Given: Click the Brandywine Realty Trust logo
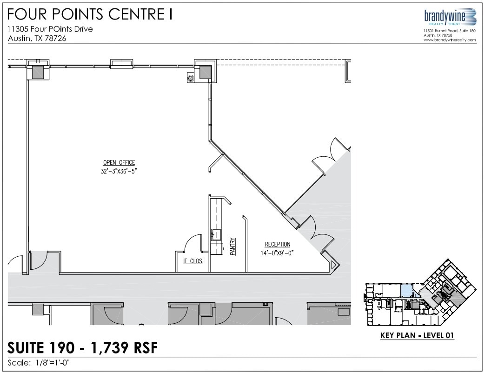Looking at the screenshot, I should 450,18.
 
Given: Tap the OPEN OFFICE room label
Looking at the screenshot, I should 119,163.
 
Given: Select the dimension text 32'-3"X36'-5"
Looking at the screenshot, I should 119,171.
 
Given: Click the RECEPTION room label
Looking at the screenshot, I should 278,245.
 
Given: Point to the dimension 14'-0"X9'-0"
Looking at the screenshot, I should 278,253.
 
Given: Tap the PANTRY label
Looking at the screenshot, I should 233,247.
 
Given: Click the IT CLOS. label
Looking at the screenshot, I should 193,261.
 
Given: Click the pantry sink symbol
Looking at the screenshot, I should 216,234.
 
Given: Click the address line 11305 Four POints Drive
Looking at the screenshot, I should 50,29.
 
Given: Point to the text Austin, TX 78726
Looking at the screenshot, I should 37,39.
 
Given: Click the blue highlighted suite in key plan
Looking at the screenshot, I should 406,291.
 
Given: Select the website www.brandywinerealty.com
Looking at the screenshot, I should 450,40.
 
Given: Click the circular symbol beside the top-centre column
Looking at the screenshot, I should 190,78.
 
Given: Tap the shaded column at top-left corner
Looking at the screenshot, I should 37,72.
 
